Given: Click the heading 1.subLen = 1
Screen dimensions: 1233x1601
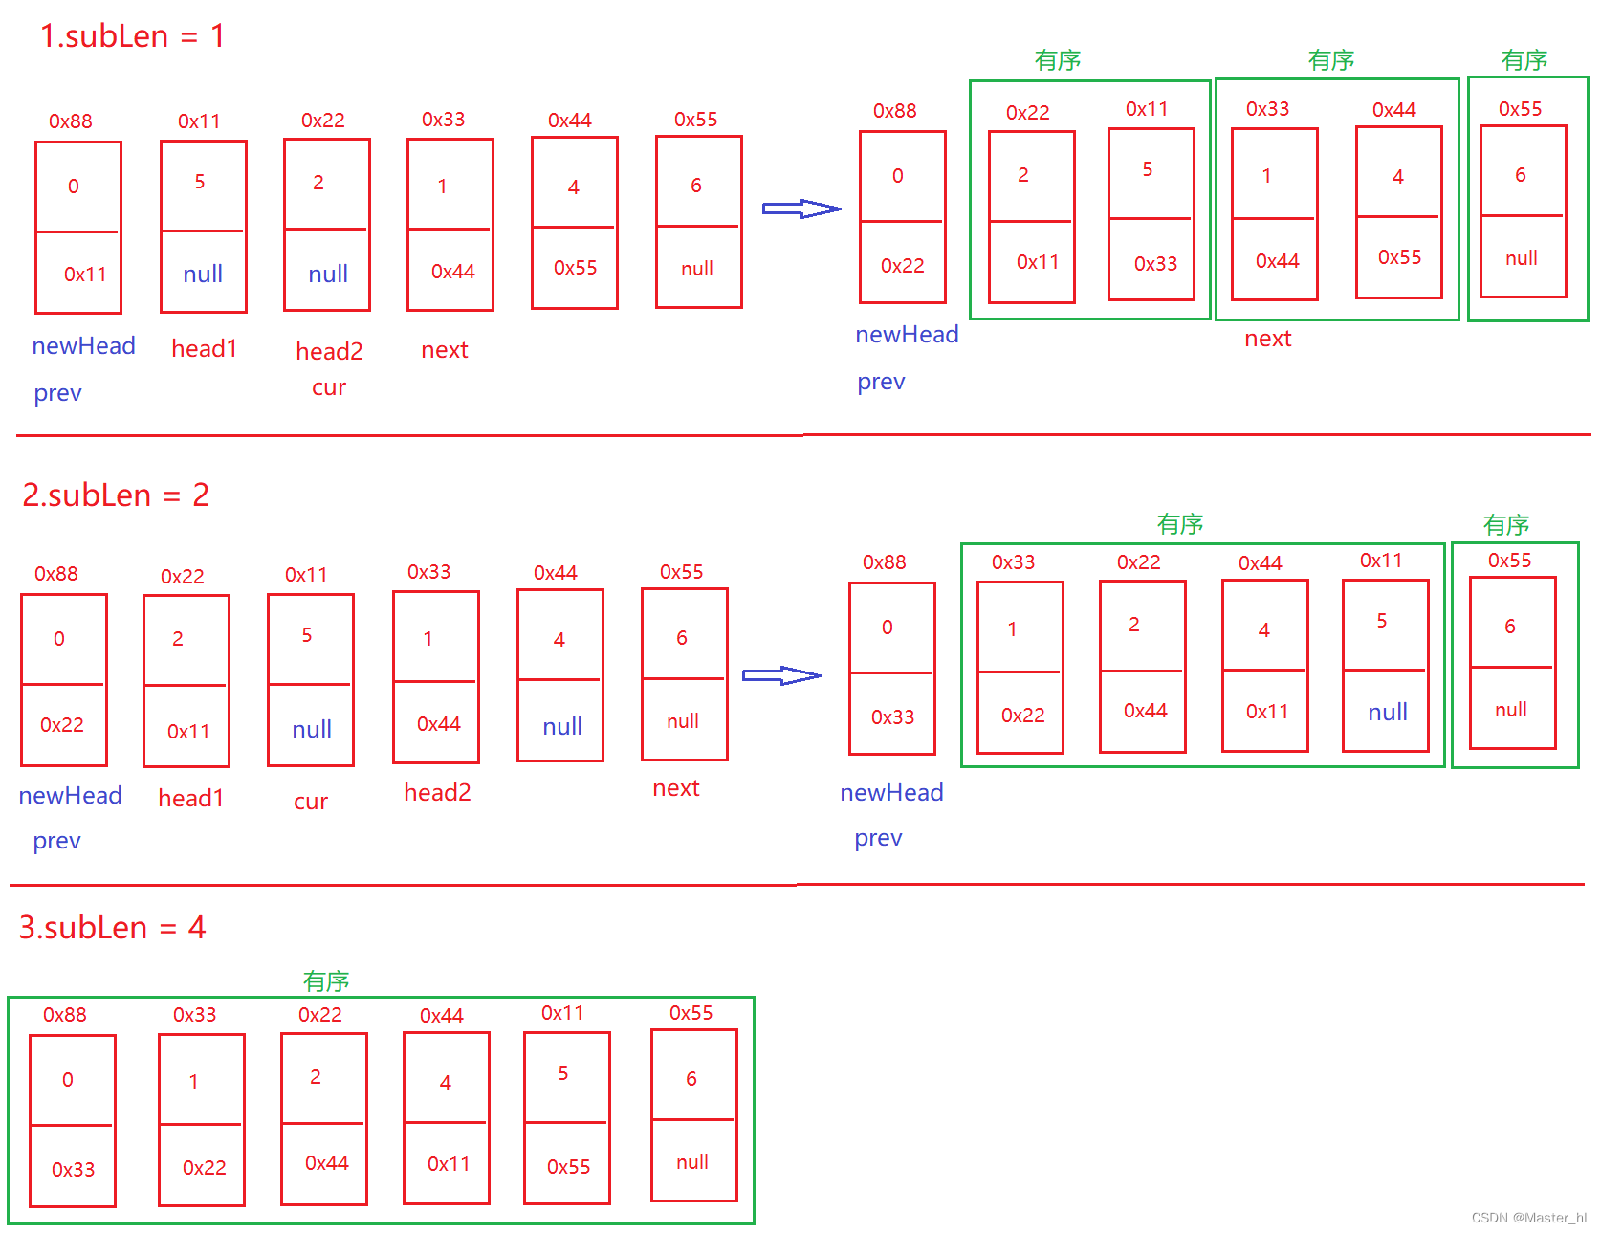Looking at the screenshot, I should point(132,36).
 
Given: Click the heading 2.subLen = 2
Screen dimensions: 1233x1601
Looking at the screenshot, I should point(116,495).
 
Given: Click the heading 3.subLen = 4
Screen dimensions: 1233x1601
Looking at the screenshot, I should point(113,928).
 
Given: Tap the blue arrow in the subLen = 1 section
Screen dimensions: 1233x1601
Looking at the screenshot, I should point(801,209).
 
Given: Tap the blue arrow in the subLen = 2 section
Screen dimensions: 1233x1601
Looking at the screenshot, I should point(781,675).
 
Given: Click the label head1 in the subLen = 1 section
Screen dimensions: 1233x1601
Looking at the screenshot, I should point(204,349).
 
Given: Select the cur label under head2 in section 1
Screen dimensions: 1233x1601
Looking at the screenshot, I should point(329,388).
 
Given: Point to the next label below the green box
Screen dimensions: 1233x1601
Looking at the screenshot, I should point(1268,339).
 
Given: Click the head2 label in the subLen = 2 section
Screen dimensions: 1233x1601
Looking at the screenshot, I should point(437,793).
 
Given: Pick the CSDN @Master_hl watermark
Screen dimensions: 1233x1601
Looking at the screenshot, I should point(1528,1218).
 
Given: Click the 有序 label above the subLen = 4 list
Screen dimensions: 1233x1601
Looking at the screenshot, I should point(326,981).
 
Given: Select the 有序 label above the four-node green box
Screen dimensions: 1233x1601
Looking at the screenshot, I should point(1180,524).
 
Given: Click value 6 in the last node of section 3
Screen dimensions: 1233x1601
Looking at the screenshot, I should point(691,1079).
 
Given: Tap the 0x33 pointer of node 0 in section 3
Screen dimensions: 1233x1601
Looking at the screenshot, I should point(74,1170).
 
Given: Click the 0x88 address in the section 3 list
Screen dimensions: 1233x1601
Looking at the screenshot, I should point(65,1015).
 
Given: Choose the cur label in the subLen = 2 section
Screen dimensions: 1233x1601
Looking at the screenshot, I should point(311,802).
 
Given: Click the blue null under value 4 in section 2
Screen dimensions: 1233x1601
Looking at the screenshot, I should point(562,727).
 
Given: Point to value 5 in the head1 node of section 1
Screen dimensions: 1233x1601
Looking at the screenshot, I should point(200,182).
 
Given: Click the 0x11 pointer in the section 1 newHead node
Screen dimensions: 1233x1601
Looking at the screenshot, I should point(85,275).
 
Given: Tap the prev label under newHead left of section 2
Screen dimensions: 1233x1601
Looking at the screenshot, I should point(57,842).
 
